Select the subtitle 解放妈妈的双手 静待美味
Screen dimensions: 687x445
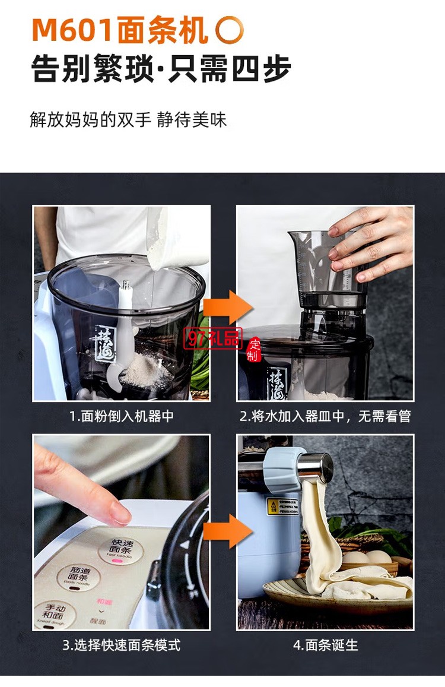coord(128,119)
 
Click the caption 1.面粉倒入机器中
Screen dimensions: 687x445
coord(121,416)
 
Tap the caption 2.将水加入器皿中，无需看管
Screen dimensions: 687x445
coord(325,416)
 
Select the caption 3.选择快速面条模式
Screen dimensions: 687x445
coord(121,644)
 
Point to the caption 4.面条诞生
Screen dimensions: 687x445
coord(325,644)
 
